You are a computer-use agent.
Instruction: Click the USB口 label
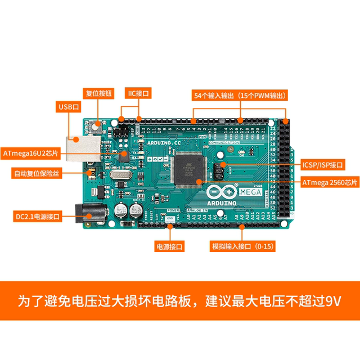[69, 106]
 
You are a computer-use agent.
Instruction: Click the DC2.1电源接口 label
[37, 216]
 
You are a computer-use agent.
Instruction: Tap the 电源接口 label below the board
[170, 246]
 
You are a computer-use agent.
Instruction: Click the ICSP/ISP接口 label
[322, 165]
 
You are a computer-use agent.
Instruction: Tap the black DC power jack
[93, 214]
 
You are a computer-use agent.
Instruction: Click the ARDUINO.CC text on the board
[164, 143]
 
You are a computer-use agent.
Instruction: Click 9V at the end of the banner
[333, 300]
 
